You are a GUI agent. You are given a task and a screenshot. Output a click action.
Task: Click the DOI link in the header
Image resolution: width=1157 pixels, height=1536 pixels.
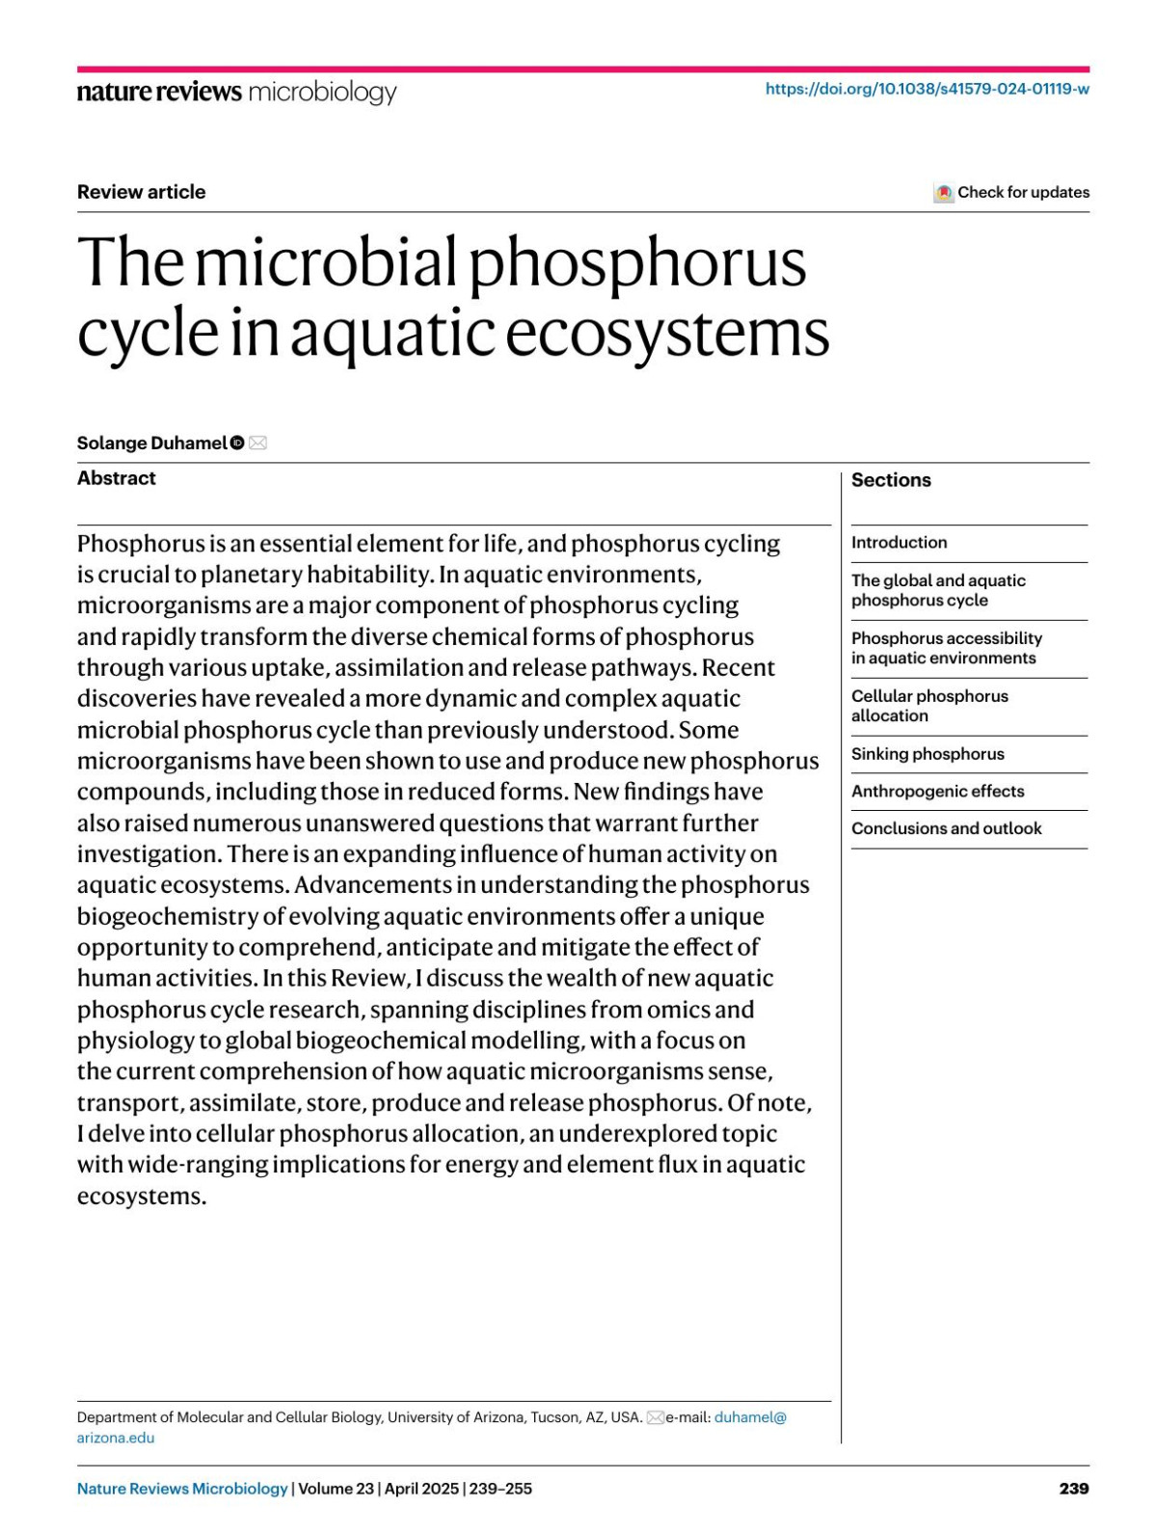coord(927,89)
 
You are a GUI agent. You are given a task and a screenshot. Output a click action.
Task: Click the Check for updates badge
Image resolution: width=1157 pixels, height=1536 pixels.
coord(1011,192)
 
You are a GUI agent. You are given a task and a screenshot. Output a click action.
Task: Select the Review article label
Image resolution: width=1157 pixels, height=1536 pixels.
coord(141,192)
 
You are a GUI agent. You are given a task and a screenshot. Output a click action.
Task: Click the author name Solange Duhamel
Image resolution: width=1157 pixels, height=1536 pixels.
coord(151,443)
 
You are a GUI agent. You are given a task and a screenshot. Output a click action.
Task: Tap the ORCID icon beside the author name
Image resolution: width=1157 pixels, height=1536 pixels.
coord(237,443)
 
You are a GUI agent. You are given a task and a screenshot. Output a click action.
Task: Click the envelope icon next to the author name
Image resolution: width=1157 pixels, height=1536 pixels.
coord(257,443)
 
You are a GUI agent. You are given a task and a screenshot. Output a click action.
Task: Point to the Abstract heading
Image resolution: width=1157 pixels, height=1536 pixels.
coord(116,478)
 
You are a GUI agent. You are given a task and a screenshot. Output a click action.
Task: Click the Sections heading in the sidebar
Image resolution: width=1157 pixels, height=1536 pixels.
coord(891,480)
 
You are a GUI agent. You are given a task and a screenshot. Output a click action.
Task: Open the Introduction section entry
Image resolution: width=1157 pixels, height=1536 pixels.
coord(899,542)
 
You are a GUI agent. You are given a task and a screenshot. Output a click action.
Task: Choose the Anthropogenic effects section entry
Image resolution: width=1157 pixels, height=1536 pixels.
coord(937,791)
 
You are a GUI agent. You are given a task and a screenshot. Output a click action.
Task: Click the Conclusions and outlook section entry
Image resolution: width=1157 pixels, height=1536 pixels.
coord(946,828)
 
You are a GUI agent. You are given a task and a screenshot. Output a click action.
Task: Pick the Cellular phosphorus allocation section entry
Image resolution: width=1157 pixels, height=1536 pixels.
coord(928,706)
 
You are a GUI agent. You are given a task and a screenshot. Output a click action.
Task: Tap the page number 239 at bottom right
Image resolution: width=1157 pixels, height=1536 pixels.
coord(1073,1488)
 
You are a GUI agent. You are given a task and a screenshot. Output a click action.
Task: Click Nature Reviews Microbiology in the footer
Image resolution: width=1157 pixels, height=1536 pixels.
coord(182,1488)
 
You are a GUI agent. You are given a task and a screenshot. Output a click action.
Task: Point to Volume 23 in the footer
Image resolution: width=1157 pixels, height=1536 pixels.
coord(336,1488)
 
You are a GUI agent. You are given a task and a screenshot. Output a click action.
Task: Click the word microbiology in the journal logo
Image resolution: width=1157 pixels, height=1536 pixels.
coord(322,92)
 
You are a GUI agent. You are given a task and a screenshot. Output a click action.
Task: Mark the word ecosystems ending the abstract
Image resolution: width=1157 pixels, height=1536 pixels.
coord(141,1197)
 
